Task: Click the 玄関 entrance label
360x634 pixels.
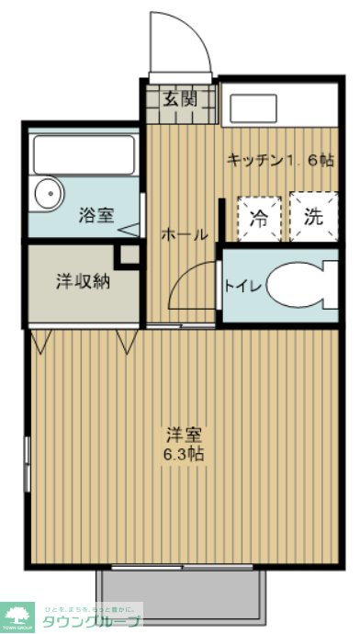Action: pyautogui.click(x=179, y=100)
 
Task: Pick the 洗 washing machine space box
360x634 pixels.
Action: pyautogui.click(x=313, y=219)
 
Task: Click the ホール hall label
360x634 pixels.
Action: pyautogui.click(x=184, y=234)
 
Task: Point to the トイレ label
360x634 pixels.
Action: pyautogui.click(x=243, y=286)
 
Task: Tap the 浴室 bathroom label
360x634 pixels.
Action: pyautogui.click(x=96, y=217)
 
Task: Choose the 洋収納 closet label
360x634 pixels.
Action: pyautogui.click(x=79, y=282)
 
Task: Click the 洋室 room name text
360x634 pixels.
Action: pyautogui.click(x=184, y=433)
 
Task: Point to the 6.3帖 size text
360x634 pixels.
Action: pyautogui.click(x=184, y=453)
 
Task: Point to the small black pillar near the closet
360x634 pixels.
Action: pyautogui.click(x=129, y=254)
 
